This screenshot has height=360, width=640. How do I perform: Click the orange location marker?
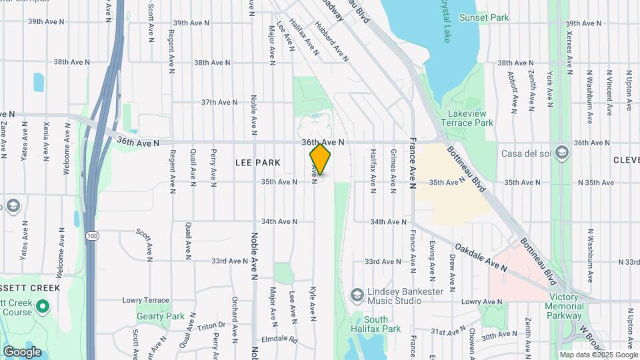(x=320, y=159)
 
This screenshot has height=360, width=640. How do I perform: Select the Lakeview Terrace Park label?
(x=470, y=118)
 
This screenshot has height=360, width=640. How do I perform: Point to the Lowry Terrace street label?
(x=147, y=300)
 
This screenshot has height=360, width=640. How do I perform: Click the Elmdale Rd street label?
(x=279, y=339)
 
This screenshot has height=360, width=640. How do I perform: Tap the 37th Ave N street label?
(x=219, y=102)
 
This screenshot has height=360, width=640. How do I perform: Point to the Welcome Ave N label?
(x=67, y=149)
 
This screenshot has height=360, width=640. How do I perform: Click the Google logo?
(x=22, y=351)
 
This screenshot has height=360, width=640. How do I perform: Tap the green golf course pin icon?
(x=43, y=307)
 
